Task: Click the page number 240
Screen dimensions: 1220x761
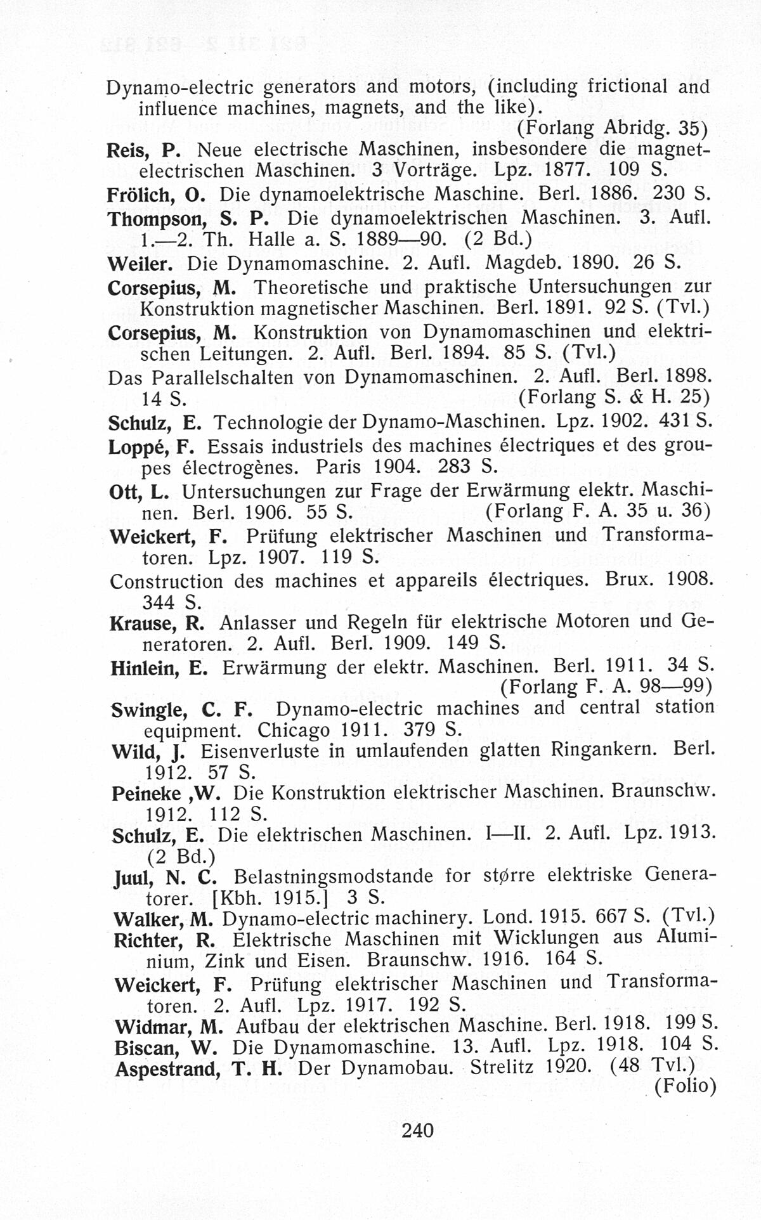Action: pyautogui.click(x=418, y=1130)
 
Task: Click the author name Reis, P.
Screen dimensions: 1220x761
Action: pyautogui.click(x=144, y=150)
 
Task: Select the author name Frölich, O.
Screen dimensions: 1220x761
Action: pyautogui.click(x=152, y=193)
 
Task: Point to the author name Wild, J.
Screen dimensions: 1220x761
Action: pyautogui.click(x=148, y=752)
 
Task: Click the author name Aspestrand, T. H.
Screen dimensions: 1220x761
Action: pyautogui.click(x=198, y=1069)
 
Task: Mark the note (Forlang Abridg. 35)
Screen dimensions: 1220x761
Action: pyautogui.click(x=612, y=128)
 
